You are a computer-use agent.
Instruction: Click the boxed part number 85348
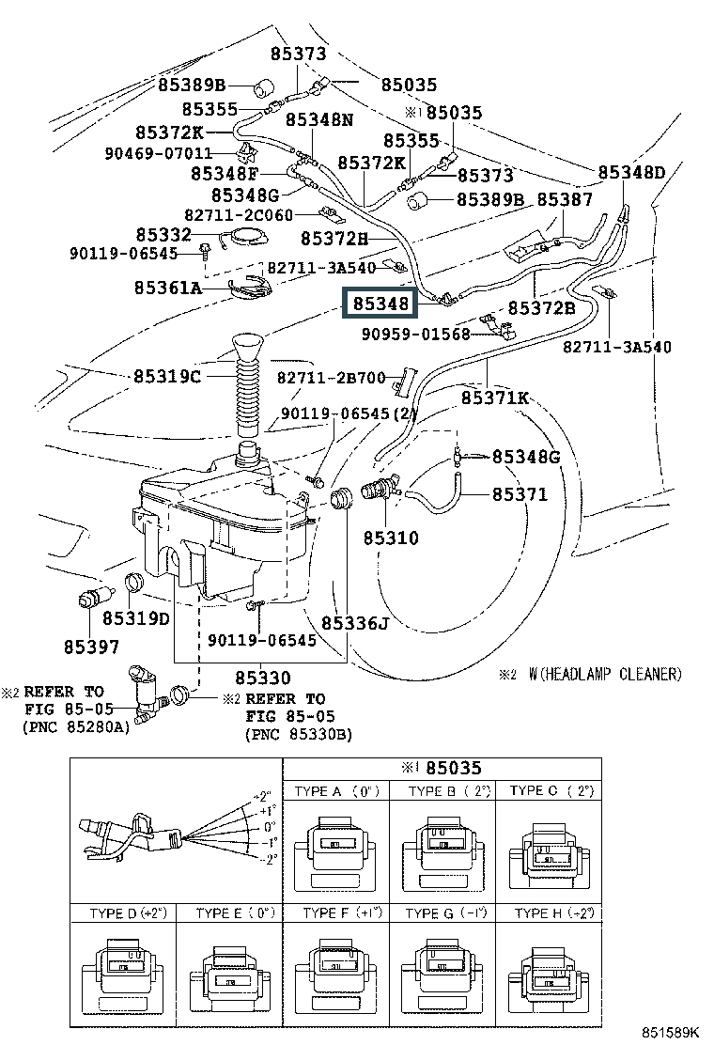(380, 304)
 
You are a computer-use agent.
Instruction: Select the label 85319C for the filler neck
(166, 377)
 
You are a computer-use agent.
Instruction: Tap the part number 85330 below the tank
(262, 677)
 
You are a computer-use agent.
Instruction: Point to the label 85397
(92, 646)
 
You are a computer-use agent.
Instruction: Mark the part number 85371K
(494, 398)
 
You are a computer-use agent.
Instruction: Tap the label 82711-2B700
(331, 378)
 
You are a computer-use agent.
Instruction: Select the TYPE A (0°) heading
(336, 791)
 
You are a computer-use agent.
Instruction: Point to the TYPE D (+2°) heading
(127, 912)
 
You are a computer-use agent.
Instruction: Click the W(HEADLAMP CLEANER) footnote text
(604, 674)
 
